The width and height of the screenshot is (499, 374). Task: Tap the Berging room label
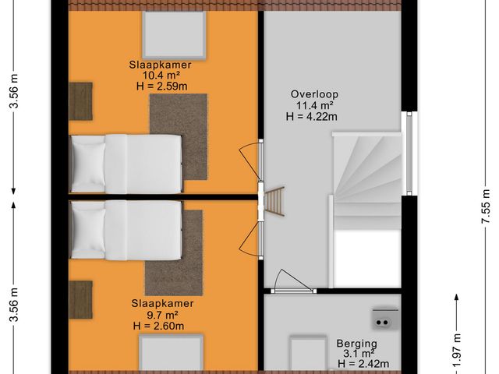click(357, 344)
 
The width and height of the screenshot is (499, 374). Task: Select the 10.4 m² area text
click(160, 75)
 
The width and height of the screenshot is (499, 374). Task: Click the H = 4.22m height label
click(311, 116)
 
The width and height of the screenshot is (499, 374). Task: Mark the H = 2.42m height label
click(358, 364)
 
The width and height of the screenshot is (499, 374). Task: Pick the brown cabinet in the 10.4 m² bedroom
click(80, 101)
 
